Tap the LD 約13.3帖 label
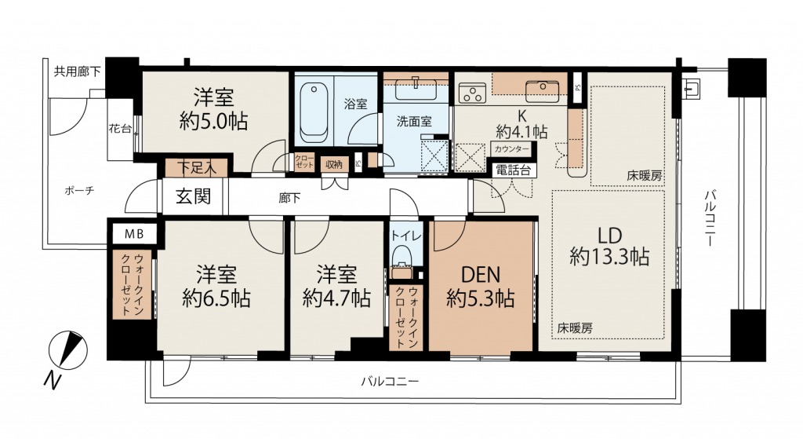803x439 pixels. [609, 246]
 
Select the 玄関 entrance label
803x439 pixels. [193, 196]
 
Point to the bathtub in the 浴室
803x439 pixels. [314, 113]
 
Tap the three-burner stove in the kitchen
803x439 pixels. [471, 93]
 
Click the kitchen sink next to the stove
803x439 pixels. [542, 89]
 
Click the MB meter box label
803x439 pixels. [134, 234]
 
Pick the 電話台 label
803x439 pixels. [514, 170]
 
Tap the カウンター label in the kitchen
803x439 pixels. [512, 149]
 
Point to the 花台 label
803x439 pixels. [120, 129]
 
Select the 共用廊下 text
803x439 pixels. [78, 71]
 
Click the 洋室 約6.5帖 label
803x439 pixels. [216, 286]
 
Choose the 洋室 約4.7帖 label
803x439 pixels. [336, 286]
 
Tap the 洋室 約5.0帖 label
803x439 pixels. [213, 109]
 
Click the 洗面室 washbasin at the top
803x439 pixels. [416, 90]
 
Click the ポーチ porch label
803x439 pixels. [80, 191]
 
